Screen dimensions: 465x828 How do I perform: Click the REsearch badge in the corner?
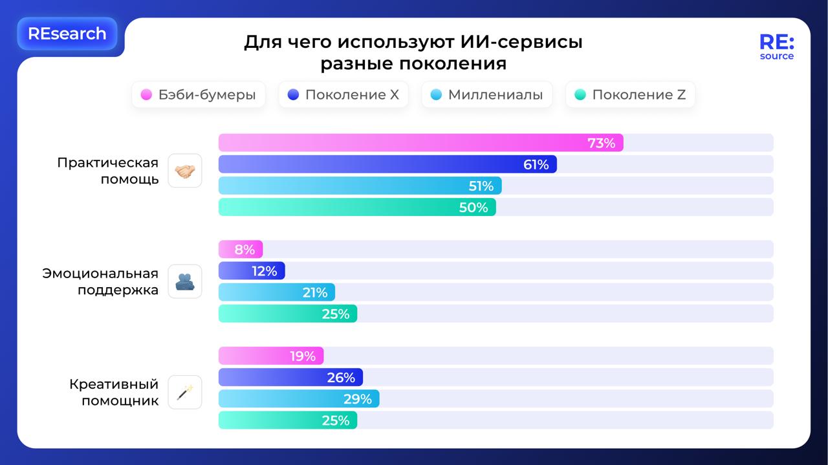click(67, 34)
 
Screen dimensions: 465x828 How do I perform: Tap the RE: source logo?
click(776, 47)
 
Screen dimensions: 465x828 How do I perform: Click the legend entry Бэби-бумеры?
click(199, 94)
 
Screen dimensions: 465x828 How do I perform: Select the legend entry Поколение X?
click(343, 94)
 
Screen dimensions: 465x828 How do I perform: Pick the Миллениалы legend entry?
click(486, 94)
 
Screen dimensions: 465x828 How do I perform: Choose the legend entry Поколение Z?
click(630, 94)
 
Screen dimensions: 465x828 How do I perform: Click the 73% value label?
click(601, 143)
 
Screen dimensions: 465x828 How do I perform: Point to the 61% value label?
click(536, 164)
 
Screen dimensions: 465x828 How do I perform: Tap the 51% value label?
click(481, 186)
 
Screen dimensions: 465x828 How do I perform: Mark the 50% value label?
click(474, 208)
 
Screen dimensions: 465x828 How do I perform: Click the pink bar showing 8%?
click(241, 250)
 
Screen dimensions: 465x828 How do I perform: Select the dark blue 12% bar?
click(252, 271)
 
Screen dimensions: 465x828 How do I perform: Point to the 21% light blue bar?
click(277, 292)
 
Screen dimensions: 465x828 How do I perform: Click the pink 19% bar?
click(270, 356)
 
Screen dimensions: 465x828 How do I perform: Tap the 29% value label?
click(357, 399)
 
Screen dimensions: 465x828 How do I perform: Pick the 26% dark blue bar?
click(290, 378)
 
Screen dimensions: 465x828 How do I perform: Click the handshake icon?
click(185, 171)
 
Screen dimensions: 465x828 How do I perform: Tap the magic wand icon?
click(185, 392)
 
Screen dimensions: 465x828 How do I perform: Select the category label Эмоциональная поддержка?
click(100, 281)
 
